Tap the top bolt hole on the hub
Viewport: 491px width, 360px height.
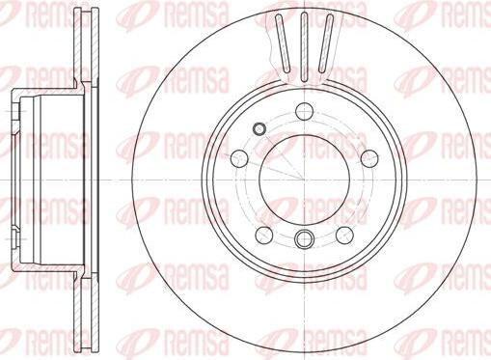[x=304, y=111]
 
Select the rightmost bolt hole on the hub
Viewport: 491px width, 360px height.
[x=369, y=158]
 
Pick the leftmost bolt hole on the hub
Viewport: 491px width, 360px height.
[x=239, y=158]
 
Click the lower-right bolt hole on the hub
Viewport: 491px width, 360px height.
[x=344, y=235]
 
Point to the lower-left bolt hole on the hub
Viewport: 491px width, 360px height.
[x=264, y=235]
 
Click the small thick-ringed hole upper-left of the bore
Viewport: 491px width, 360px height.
[x=259, y=128]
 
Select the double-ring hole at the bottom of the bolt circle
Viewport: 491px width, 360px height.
[x=304, y=238]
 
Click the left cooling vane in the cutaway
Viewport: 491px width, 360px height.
[x=283, y=43]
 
